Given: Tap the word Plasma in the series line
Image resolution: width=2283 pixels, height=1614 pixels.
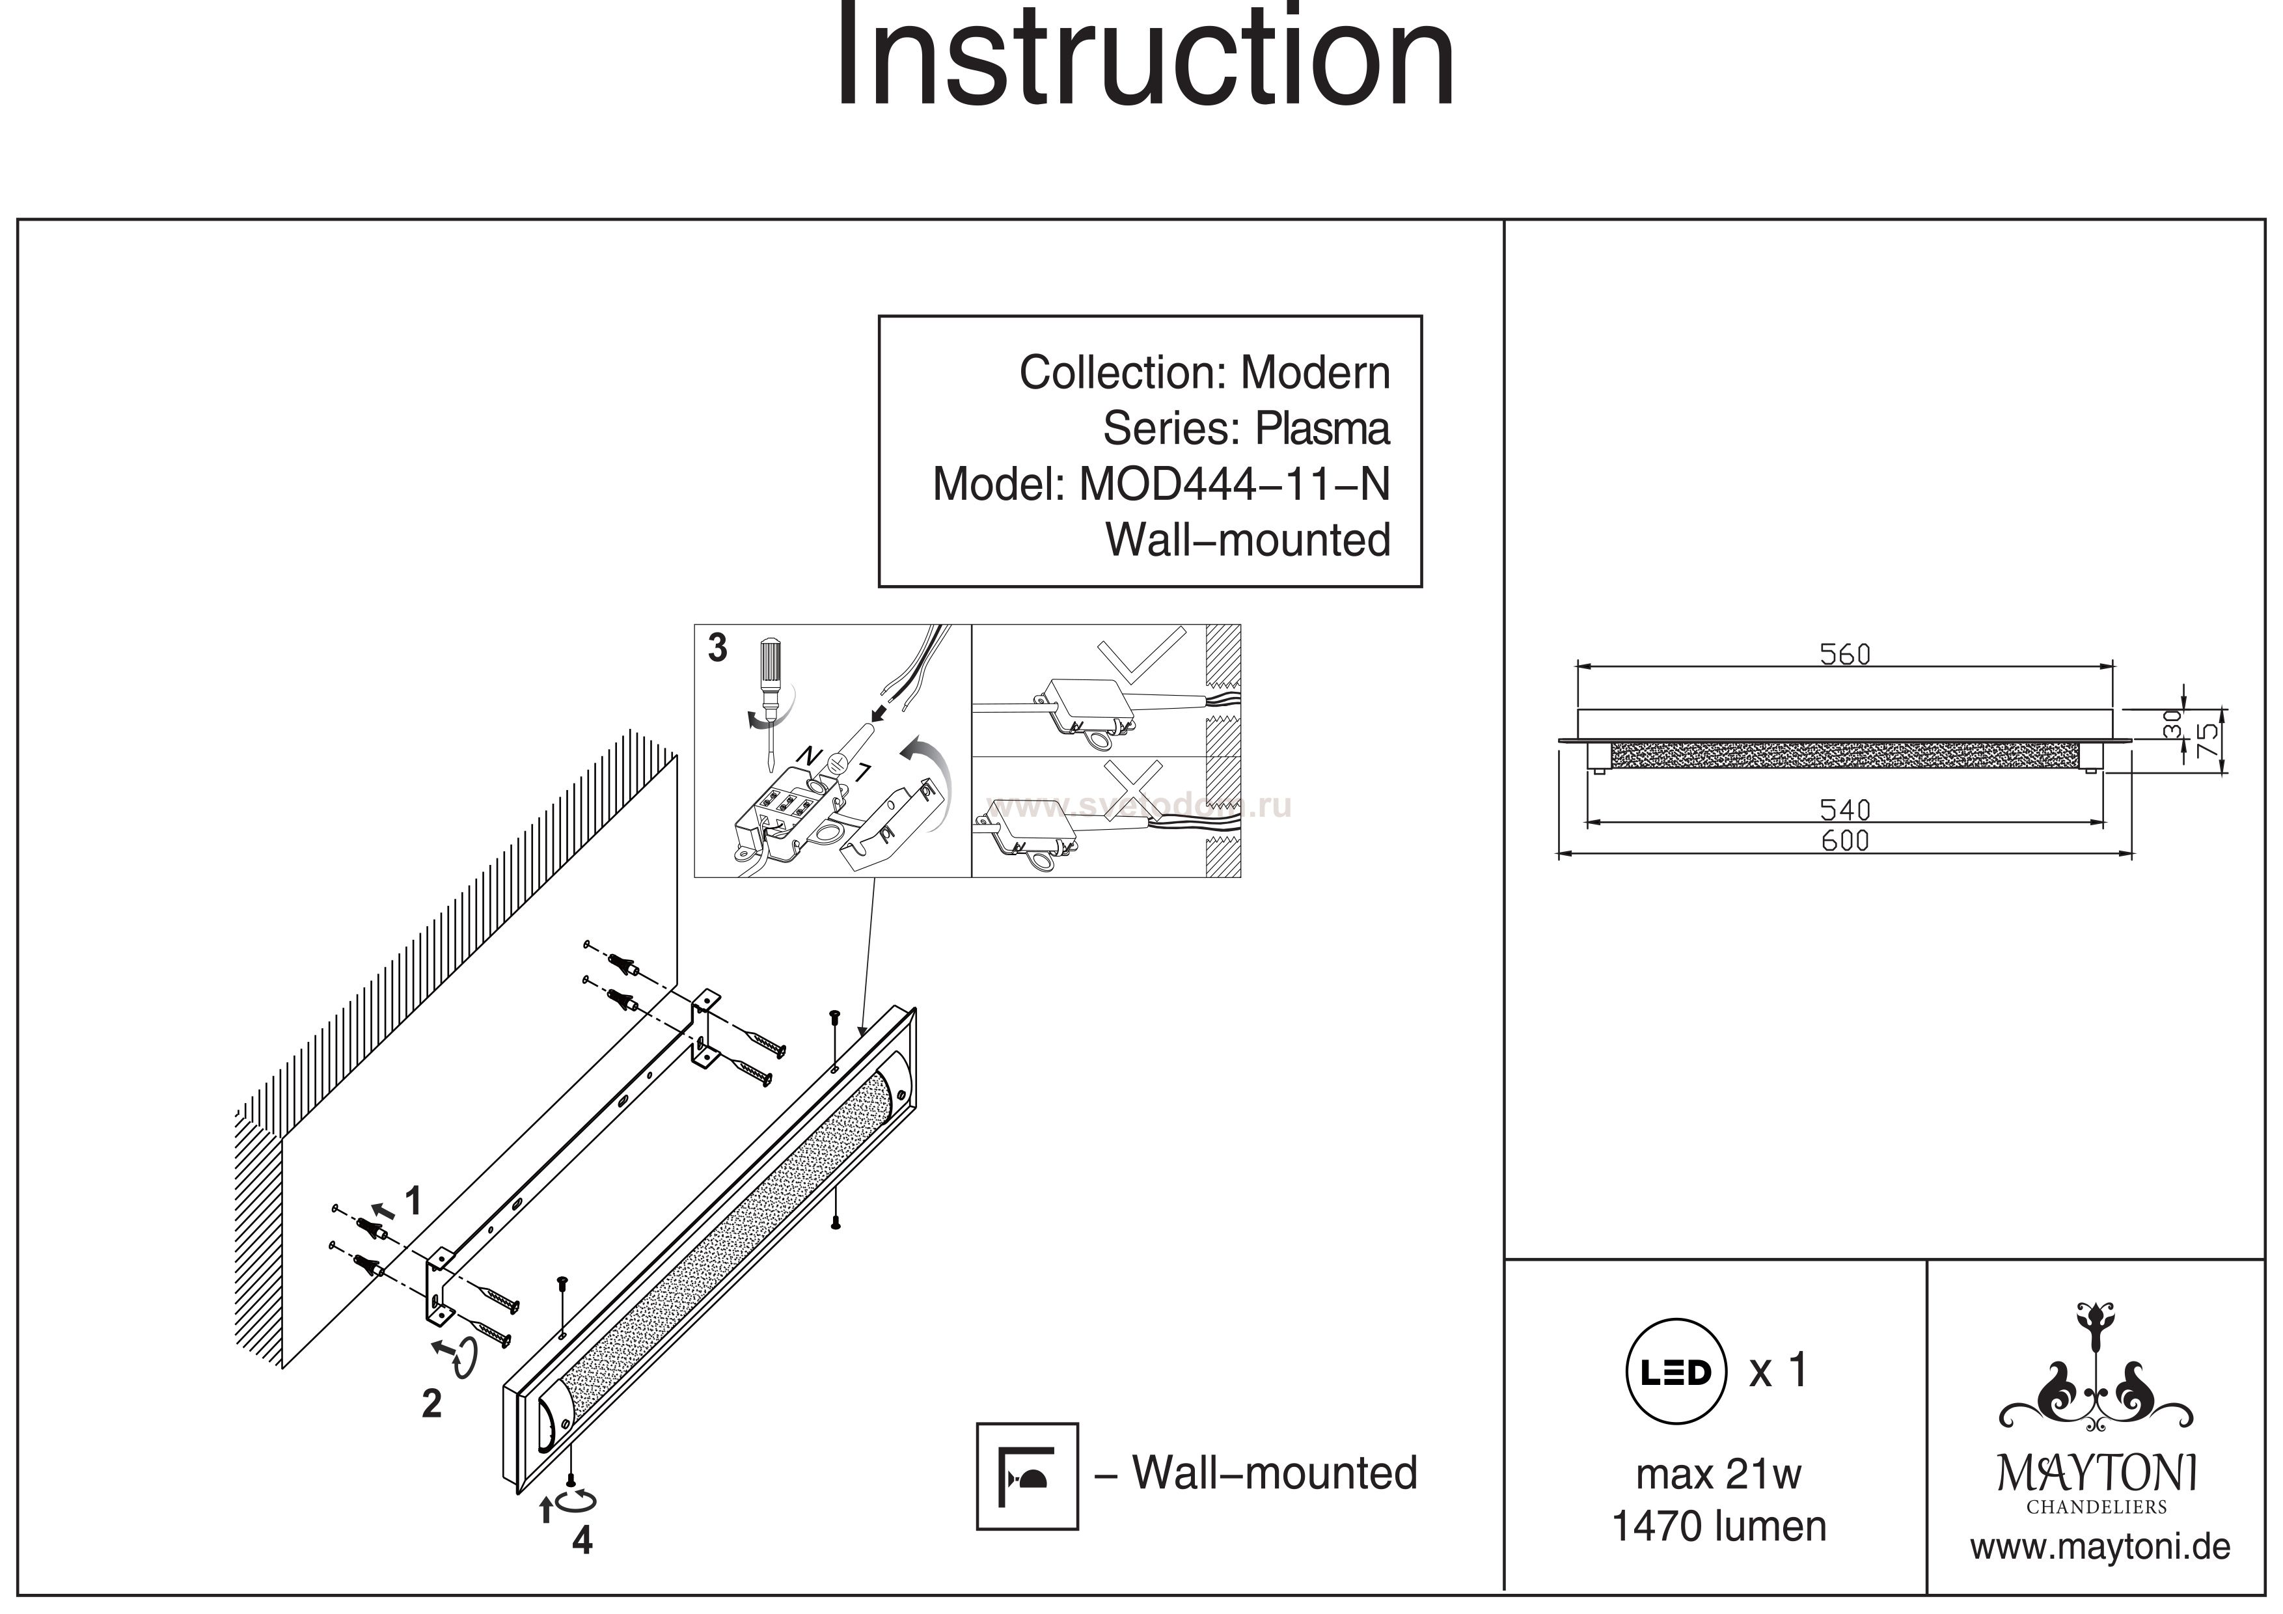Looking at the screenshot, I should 1322,430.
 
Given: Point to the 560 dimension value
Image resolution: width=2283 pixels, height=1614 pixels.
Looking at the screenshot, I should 1844,654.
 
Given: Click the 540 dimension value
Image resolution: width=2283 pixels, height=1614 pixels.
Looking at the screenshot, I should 1844,810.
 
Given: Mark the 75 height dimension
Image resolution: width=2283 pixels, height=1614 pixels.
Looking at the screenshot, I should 2206,740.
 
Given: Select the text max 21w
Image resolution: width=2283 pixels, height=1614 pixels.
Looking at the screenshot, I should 1718,1475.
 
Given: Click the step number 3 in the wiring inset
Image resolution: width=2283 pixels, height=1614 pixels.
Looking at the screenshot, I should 718,648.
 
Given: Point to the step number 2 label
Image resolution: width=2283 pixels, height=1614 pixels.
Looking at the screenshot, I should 431,1403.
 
